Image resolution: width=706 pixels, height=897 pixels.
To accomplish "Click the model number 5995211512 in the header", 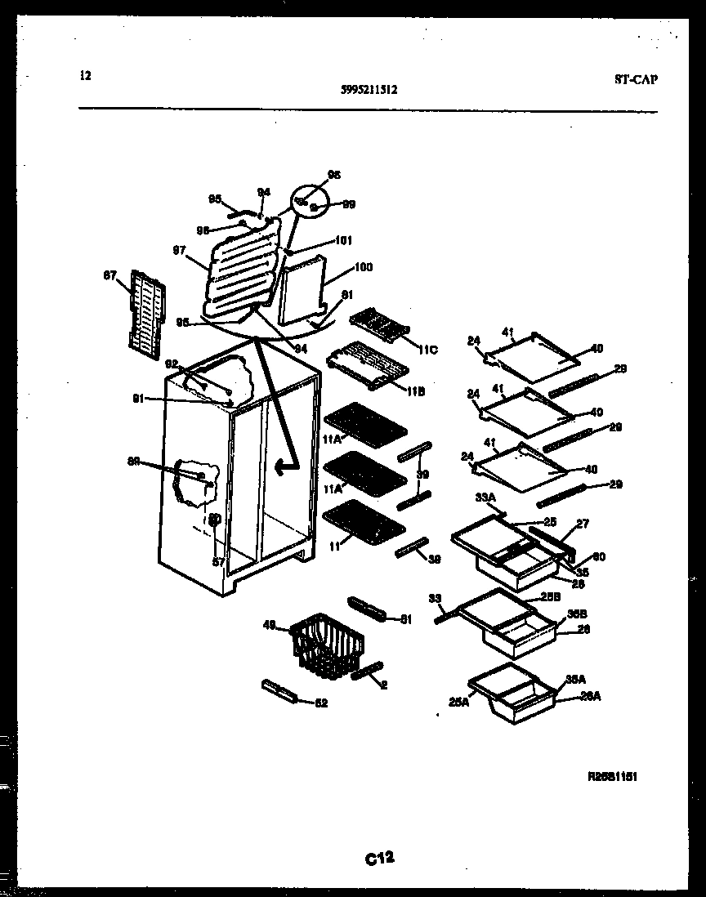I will coord(369,91).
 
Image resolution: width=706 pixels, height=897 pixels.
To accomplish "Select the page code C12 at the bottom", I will coord(380,858).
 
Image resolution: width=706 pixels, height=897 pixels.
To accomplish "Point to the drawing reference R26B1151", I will coord(612,777).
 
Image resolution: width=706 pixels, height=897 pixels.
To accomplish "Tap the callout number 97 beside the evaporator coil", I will coord(180,251).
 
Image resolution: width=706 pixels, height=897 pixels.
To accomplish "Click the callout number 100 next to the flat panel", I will coord(363,268).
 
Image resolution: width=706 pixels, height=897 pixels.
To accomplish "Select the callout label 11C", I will coord(427,350).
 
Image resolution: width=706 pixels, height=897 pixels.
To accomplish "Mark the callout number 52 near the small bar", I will coord(320,703).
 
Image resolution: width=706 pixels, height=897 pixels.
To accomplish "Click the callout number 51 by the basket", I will coord(406,620).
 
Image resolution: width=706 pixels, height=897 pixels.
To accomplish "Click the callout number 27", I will coord(582,524).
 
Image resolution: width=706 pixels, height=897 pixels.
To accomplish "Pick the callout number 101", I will coord(343,241).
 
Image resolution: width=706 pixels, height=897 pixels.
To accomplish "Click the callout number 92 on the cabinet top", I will coord(172,364).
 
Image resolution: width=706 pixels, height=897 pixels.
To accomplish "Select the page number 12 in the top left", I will coord(86,76).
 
